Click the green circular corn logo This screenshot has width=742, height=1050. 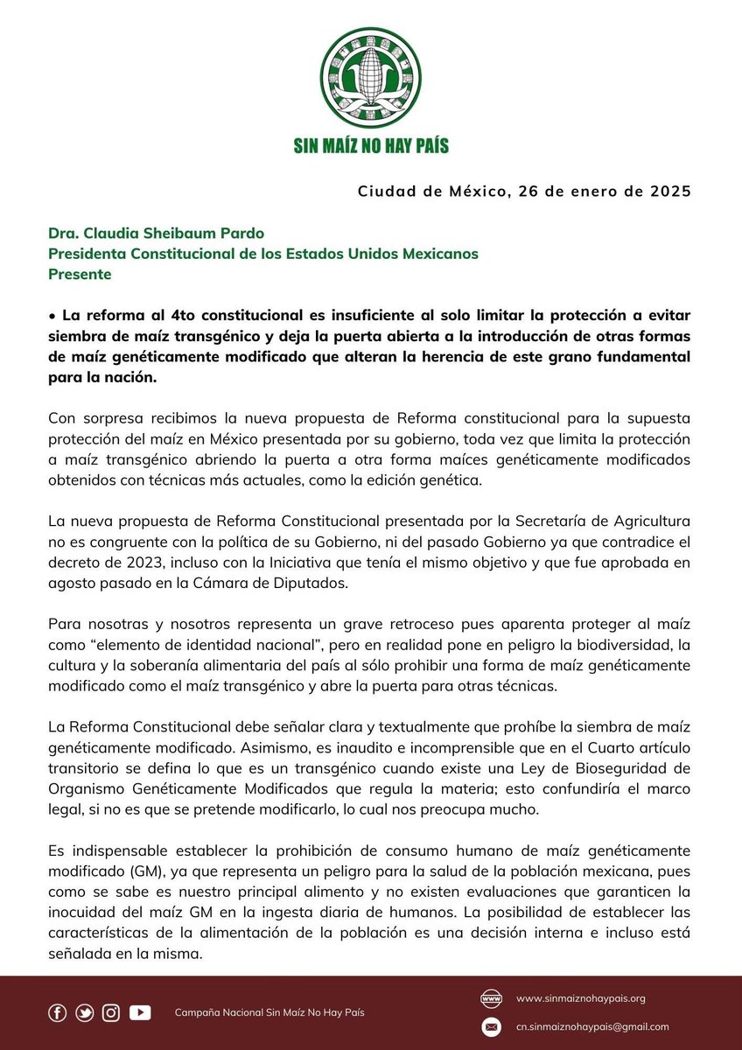click(x=371, y=78)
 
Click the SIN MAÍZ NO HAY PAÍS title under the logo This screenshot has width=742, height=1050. click(x=371, y=144)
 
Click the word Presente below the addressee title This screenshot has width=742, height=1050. click(x=80, y=274)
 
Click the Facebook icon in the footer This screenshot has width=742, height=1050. click(x=57, y=1012)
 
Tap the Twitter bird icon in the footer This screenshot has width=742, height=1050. click(x=84, y=1012)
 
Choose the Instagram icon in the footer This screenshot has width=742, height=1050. click(x=111, y=1012)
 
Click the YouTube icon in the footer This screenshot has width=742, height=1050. click(x=140, y=1012)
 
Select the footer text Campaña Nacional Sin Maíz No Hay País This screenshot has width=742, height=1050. click(x=269, y=1012)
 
